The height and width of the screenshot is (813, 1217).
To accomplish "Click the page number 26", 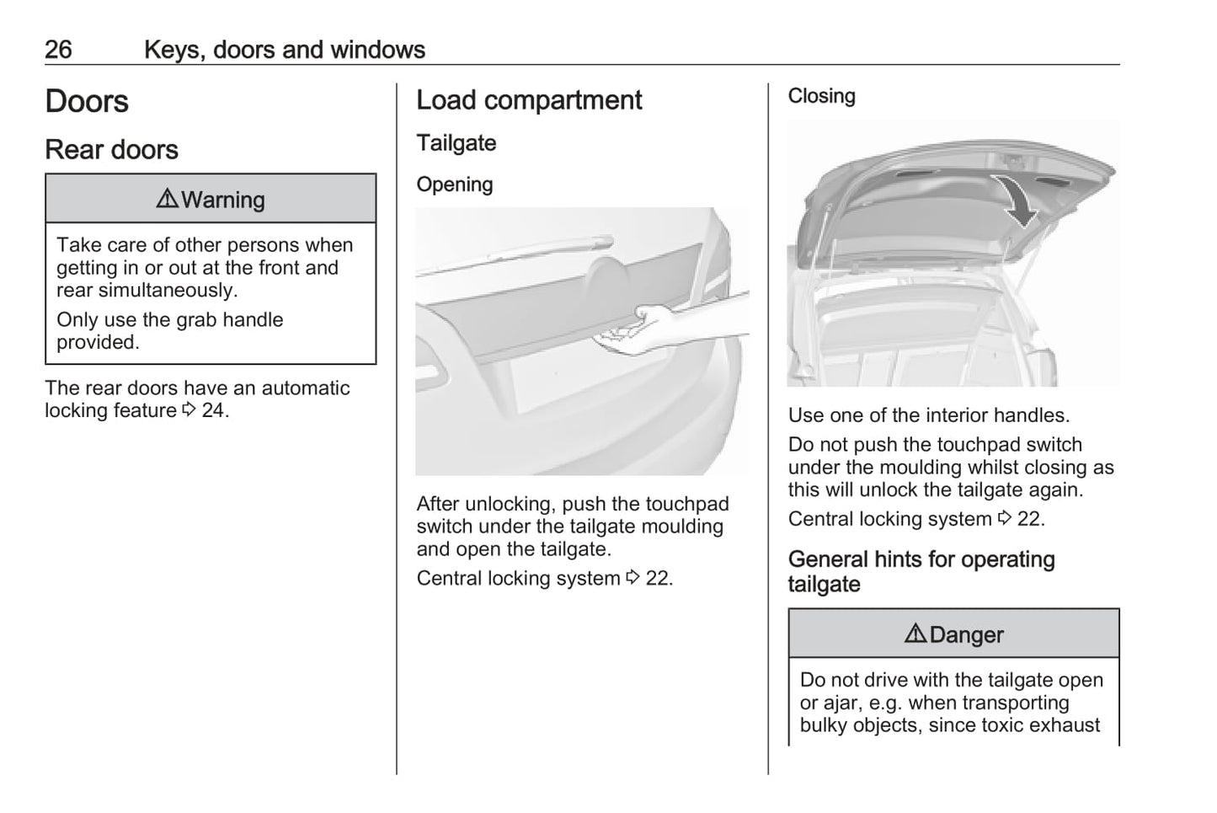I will [58, 50].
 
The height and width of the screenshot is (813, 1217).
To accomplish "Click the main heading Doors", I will [87, 102].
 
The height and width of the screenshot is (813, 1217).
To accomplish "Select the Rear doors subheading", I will [111, 150].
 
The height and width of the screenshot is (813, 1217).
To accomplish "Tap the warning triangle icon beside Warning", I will [167, 199].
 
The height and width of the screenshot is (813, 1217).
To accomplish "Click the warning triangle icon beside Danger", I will [915, 634].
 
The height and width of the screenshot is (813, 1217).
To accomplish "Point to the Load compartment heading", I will [529, 100].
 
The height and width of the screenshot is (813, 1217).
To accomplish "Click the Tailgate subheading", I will [456, 143].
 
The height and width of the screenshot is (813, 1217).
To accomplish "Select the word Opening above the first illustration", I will [454, 185].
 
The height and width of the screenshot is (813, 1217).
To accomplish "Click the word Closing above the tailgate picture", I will [821, 96].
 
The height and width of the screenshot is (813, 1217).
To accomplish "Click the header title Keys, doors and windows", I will [284, 50].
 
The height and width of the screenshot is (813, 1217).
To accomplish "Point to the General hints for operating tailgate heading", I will [921, 571].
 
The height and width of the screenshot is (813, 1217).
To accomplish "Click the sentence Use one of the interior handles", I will [928, 415].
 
